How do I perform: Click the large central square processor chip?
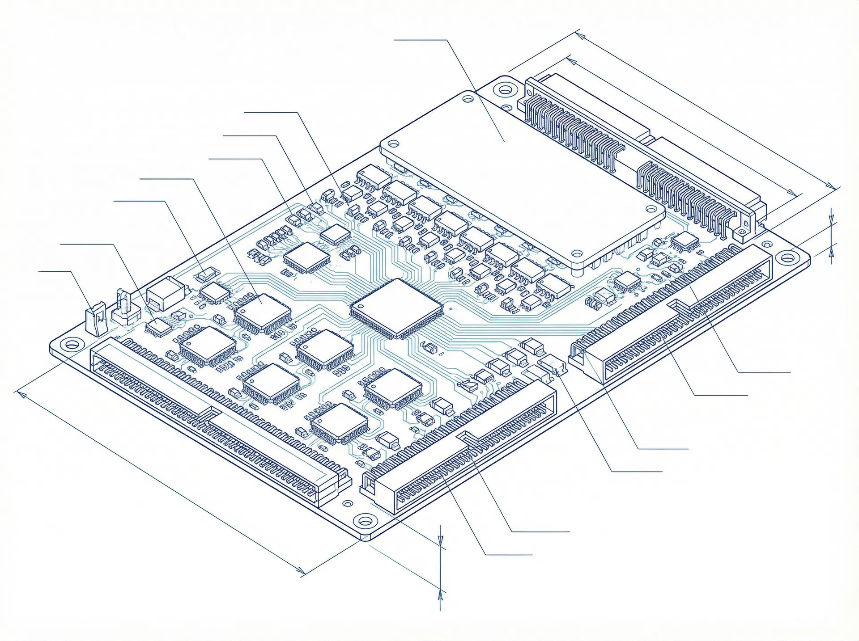395,308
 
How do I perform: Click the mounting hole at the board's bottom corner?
365,521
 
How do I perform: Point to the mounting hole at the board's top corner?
505,90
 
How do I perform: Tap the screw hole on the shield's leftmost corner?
394,144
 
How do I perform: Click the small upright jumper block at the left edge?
96,318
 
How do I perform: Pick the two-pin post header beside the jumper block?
124,308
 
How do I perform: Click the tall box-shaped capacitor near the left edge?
166,293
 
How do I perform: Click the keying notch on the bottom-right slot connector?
468,437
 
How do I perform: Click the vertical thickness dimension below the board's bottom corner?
441,568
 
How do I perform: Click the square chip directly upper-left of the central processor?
307,257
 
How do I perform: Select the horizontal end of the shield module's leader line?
396,40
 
